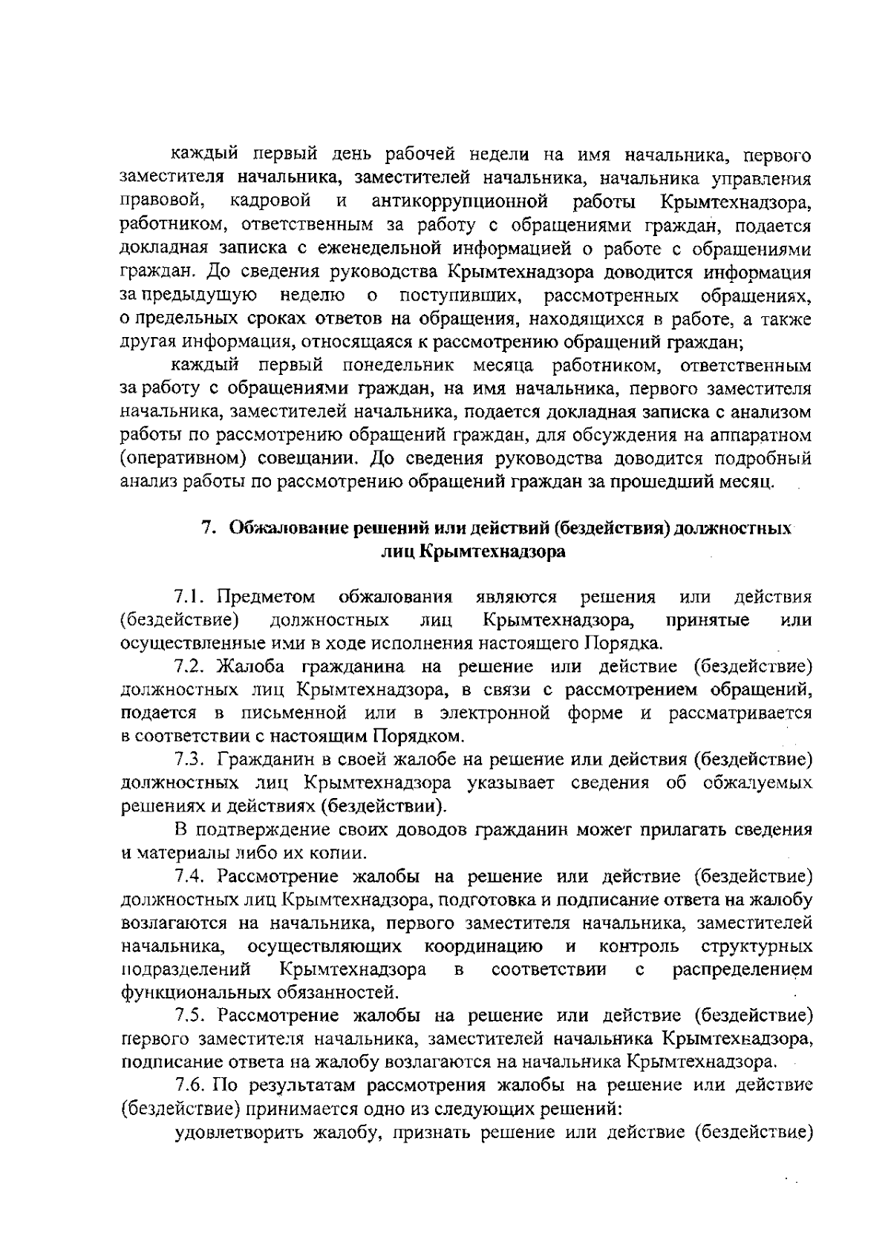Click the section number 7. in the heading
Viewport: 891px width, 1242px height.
[x=210, y=528]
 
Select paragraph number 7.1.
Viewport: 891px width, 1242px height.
[x=189, y=597]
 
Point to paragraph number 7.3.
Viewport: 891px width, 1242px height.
[x=190, y=759]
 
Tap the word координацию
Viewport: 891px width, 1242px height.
[x=483, y=947]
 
